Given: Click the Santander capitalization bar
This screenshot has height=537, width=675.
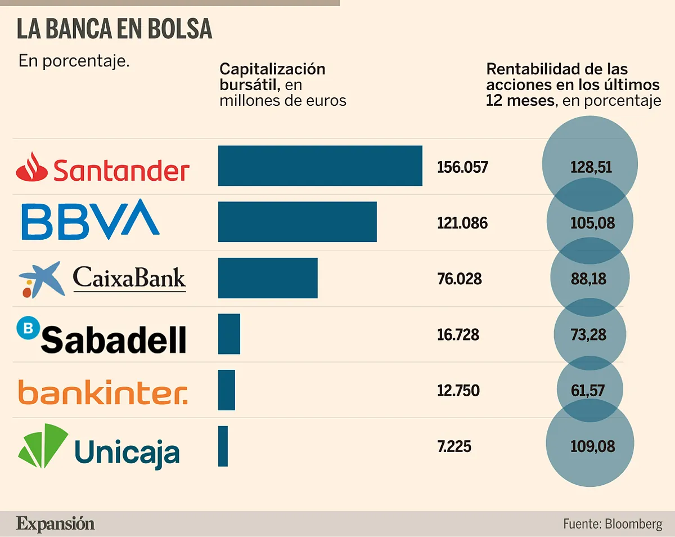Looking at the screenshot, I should tap(320, 165).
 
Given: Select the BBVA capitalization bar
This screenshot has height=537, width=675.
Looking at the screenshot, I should tap(297, 222).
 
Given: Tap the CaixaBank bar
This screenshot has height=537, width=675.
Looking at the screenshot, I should tap(268, 278).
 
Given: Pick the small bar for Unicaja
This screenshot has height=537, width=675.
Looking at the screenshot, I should tap(223, 446).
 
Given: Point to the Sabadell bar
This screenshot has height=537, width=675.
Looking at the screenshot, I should tap(229, 334).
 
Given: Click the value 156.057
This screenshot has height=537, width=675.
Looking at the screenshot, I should tap(462, 167).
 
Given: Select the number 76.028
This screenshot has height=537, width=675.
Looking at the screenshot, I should tap(459, 279).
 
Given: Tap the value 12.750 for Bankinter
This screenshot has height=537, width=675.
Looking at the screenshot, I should tap(458, 391).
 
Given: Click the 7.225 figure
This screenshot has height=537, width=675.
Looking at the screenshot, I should tap(454, 447).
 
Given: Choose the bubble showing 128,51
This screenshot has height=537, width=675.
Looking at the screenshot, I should tap(590, 167).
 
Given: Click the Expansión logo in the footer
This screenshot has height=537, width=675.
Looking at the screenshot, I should tap(55, 523).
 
